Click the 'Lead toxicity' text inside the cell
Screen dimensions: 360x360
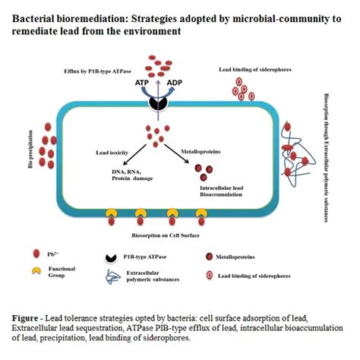tap(115, 153)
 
